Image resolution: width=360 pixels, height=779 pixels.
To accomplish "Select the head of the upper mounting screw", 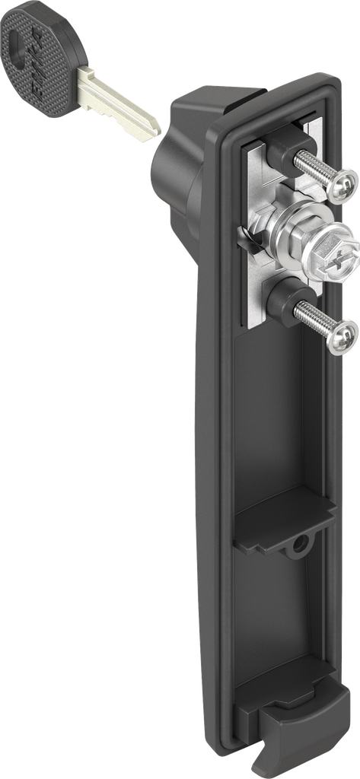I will tap(345, 182).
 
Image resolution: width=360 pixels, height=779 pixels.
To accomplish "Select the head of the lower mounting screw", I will tap(344, 334).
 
